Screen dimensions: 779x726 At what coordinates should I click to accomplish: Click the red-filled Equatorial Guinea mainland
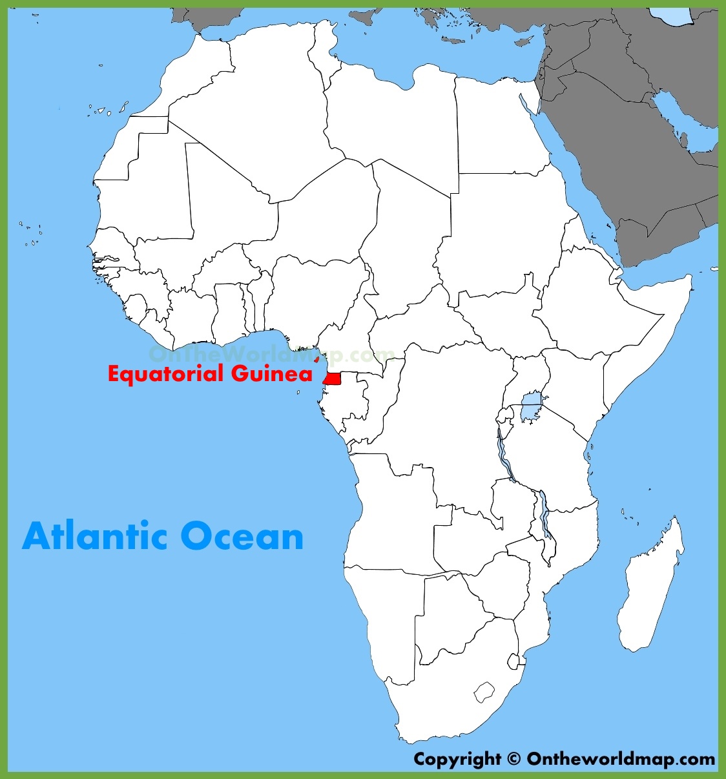point(333,379)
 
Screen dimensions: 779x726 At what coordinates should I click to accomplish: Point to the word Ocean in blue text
point(242,536)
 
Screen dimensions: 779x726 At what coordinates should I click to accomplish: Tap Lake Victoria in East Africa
point(532,407)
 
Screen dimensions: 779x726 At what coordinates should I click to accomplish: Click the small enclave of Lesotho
point(484,692)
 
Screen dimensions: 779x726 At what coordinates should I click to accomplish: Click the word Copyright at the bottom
point(457,759)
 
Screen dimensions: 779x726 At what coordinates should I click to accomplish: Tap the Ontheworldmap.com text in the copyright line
point(621,759)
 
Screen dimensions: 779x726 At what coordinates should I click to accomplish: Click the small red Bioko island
point(316,358)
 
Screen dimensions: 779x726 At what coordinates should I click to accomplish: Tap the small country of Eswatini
point(513,661)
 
